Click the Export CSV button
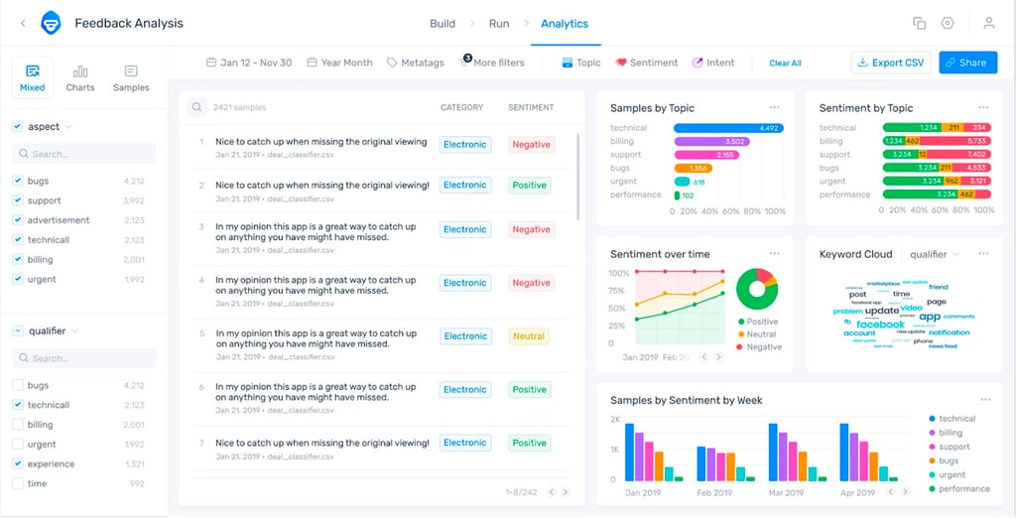pos(889,63)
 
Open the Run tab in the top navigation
pos(499,24)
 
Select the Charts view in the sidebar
pos(80,77)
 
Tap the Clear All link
pos(785,64)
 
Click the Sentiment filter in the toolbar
pos(646,63)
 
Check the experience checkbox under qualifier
pos(18,463)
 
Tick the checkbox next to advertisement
pos(18,220)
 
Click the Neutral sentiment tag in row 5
pos(529,336)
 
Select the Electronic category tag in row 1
pos(464,145)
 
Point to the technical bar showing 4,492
pos(727,128)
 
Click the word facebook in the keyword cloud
pos(880,324)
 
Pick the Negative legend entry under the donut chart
pos(763,347)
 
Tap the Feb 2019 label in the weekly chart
pos(713,492)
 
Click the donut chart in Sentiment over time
pos(757,288)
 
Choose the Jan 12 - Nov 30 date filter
pos(249,63)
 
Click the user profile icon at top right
pos(988,24)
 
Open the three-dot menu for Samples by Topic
pos(774,107)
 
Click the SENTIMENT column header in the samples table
pos(531,107)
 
